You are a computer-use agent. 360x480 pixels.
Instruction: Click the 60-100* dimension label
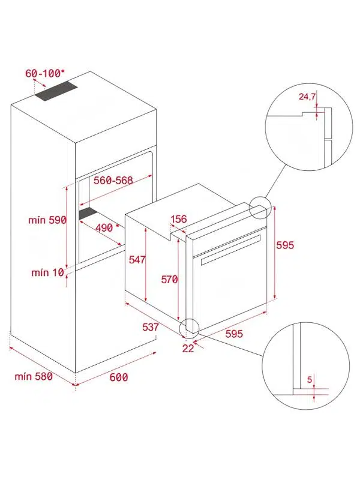tap(45, 73)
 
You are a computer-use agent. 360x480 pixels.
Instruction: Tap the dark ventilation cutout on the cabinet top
tap(56, 91)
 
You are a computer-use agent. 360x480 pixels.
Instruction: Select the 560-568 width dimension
tap(113, 181)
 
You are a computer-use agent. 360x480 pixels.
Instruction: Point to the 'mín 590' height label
tap(47, 220)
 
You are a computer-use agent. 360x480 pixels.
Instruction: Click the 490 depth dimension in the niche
tap(104, 227)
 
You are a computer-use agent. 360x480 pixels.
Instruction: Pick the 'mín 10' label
tap(48, 272)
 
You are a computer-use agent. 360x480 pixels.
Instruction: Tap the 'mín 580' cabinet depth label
tap(34, 376)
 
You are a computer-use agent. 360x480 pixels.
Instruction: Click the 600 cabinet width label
tap(119, 377)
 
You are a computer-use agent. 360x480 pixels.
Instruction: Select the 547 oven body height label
tap(137, 260)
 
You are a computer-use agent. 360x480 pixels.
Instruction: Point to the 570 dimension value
tap(169, 279)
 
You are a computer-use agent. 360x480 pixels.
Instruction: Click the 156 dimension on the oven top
tap(178, 219)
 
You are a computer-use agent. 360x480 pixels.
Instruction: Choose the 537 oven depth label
tap(151, 327)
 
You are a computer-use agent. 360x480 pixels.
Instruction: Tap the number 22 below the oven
tap(188, 349)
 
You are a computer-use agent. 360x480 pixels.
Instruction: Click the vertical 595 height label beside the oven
tap(285, 245)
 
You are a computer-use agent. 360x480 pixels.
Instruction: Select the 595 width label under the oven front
tap(234, 334)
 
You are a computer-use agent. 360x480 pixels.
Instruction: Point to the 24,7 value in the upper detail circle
tap(307, 97)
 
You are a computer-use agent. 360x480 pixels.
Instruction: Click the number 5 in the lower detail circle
tap(310, 380)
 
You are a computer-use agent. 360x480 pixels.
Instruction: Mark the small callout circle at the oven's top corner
tap(260, 208)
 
